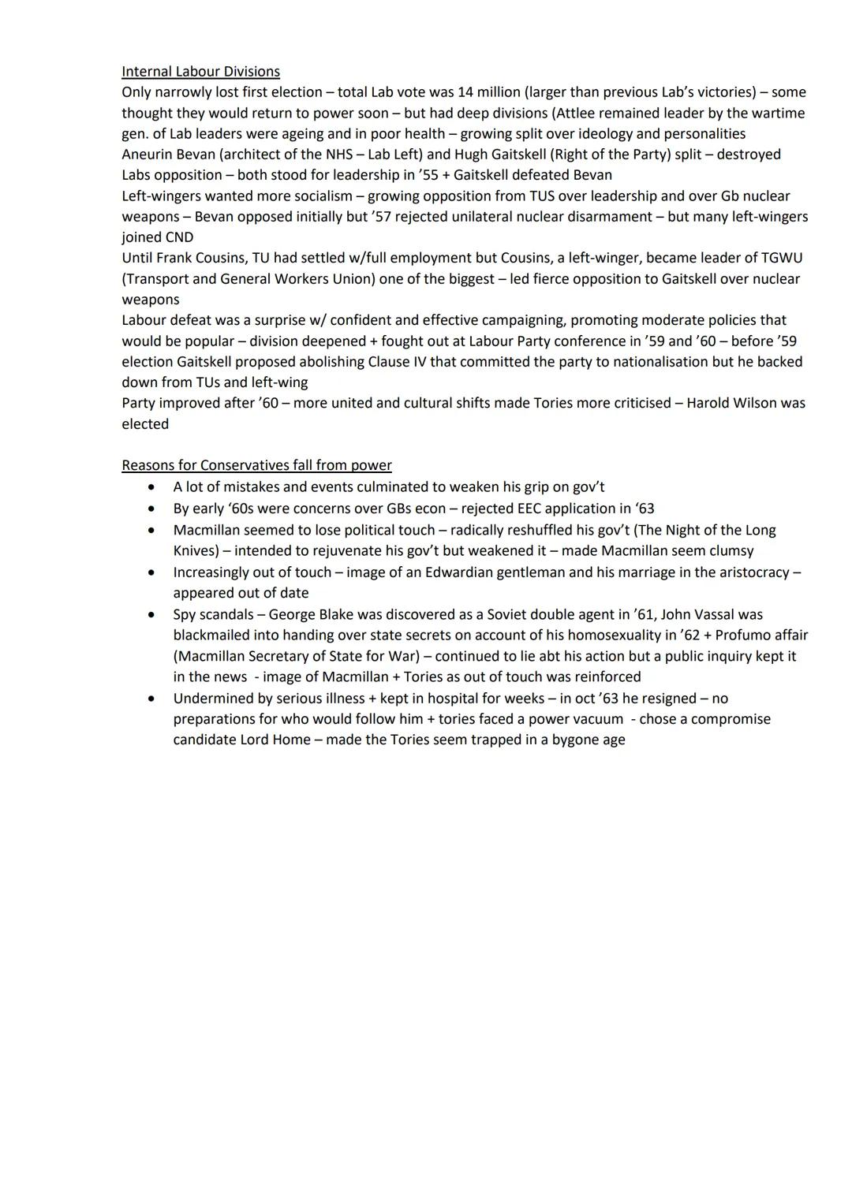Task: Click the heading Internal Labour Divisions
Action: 200,72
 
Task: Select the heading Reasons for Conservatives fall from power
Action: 256,465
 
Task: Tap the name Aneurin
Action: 149,155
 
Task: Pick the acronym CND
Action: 179,237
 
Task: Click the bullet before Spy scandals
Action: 151,614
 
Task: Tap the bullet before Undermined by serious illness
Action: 151,699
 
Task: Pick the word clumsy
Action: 729,550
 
